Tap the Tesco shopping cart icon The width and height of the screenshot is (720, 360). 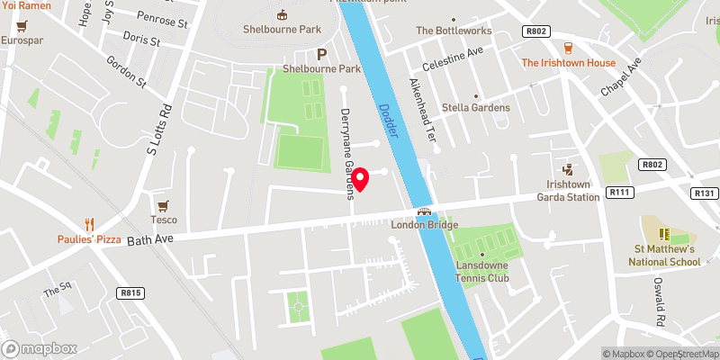[163, 206]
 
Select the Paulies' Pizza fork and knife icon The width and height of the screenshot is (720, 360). [88, 223]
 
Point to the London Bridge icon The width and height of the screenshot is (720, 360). [424, 211]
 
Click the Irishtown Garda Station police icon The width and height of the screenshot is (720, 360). [568, 168]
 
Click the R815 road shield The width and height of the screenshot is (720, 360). [130, 292]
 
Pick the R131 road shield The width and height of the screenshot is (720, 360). [705, 193]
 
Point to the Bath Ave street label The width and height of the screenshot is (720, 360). [148, 240]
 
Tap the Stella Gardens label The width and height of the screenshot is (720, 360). [475, 107]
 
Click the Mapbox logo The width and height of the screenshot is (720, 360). [40, 348]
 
